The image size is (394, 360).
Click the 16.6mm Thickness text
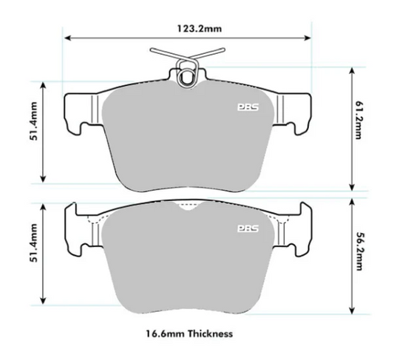click(188, 334)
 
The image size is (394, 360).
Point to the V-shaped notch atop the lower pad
click(189, 209)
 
